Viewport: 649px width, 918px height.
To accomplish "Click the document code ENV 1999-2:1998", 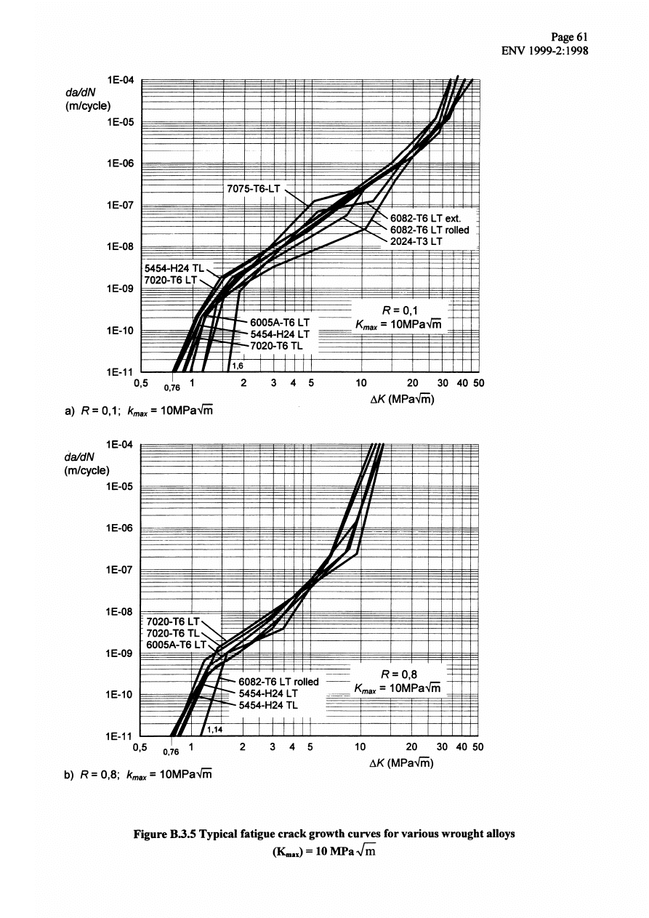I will [x=544, y=52].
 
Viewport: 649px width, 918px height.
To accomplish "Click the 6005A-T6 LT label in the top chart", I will [x=280, y=321].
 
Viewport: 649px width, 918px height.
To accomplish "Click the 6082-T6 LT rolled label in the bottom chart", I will [x=279, y=682].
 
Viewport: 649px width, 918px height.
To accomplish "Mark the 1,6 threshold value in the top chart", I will [x=237, y=366].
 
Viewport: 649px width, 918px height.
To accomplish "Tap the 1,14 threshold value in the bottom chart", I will [x=214, y=729].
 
